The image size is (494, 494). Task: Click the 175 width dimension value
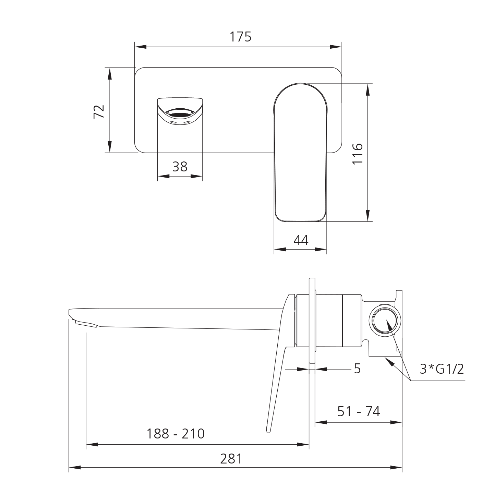coord(241,37)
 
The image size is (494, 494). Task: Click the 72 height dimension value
coord(99,112)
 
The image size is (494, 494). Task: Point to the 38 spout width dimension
coord(180,167)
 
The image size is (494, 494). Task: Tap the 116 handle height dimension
coord(357,154)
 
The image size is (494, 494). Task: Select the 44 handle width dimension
coord(301,241)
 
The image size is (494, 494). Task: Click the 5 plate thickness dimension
coord(357,369)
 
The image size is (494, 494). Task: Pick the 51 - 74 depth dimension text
coord(359,411)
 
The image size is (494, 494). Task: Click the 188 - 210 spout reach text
coord(176,434)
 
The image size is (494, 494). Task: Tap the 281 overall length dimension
coord(231,459)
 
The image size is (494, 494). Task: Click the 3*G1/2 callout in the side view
coord(442,369)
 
